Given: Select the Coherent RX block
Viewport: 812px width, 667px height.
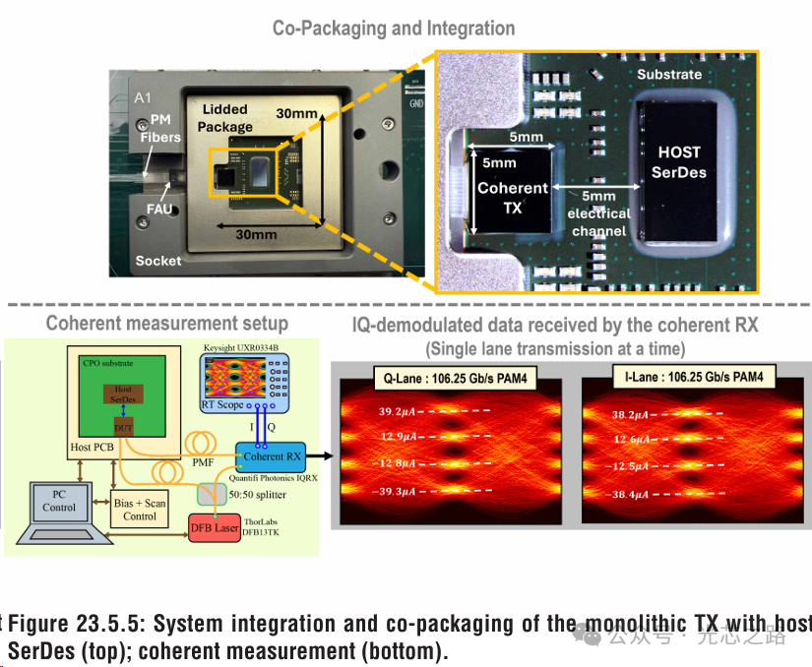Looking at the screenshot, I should pos(273,456).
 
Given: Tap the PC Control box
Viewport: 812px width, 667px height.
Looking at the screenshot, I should pos(59,502).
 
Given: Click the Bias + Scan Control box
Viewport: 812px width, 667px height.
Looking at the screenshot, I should pos(141,509).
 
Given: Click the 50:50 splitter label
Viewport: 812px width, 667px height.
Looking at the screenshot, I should pos(259,495).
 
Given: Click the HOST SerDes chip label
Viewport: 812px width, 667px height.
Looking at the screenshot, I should pos(678,162).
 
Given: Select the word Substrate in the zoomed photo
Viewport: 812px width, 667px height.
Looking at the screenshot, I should pos(669,74).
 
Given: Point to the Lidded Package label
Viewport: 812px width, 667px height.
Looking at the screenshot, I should pos(225,118).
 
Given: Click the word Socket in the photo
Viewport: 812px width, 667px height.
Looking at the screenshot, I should pos(158,260).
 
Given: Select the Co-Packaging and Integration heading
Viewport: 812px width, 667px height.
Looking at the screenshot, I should pos(394,29).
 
